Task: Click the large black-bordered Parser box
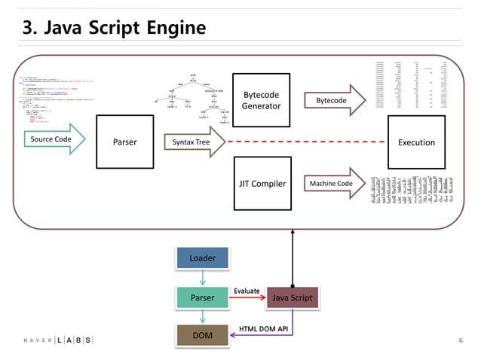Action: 124,142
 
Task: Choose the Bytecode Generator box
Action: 261,100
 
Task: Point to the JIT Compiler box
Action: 261,184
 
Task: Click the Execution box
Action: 416,142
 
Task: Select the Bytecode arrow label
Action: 332,100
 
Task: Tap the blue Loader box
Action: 202,258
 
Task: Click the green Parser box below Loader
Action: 202,297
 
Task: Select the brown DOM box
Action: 202,335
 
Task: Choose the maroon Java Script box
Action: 292,297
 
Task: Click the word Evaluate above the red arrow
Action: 247,291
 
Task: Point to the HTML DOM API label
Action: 263,328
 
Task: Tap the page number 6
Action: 461,340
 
